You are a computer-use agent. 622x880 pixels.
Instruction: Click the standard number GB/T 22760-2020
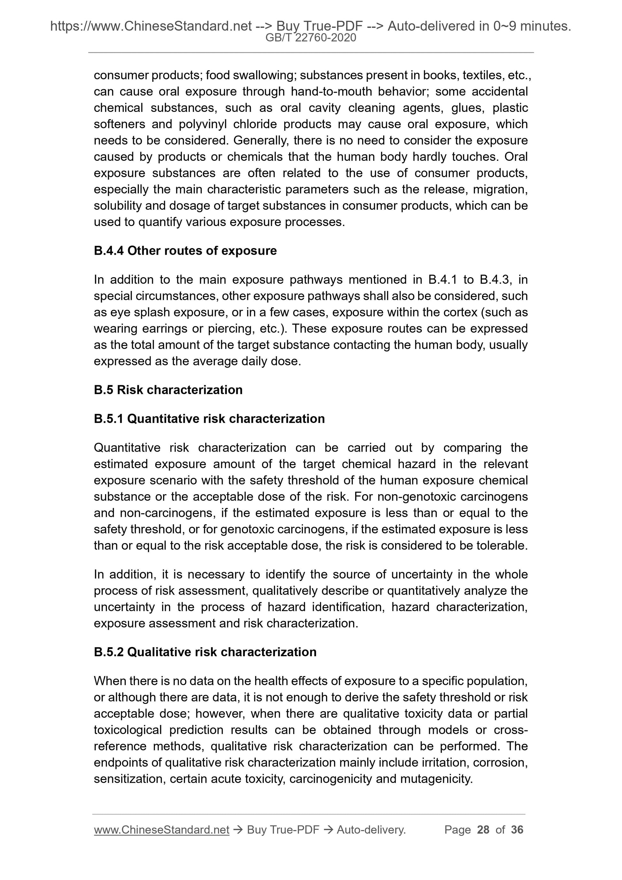tap(311, 38)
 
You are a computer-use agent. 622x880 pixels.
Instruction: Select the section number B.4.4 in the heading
tap(108, 251)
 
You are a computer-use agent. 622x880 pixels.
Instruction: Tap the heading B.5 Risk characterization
tap(168, 390)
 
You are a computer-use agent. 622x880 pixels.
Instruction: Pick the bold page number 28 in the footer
tap(483, 830)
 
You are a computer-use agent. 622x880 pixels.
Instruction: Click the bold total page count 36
tap(517, 830)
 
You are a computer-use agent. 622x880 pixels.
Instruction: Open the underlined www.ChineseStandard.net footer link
tap(161, 830)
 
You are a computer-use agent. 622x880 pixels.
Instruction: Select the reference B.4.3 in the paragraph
tap(495, 280)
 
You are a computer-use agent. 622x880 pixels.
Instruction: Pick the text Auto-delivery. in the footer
tap(371, 830)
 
